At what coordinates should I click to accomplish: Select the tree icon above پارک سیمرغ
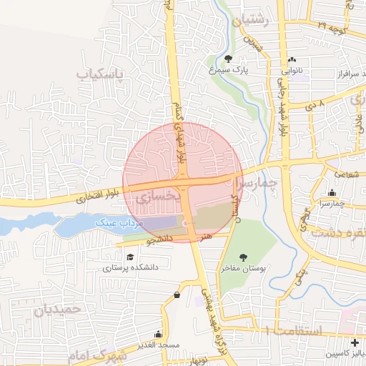point(228,59)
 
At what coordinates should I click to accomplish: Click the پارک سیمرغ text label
point(228,71)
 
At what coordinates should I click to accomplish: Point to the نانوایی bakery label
point(294,71)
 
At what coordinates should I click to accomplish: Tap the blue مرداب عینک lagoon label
point(122,223)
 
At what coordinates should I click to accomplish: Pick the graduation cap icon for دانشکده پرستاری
point(129,257)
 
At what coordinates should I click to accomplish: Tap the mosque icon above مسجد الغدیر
point(158,334)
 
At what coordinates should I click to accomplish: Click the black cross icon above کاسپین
point(355,343)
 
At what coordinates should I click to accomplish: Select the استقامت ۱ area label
point(295,330)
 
